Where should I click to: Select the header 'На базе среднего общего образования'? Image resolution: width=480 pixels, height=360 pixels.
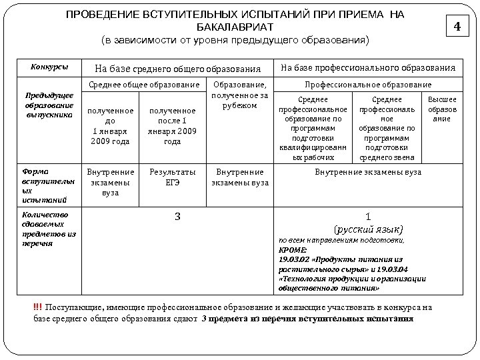(178, 68)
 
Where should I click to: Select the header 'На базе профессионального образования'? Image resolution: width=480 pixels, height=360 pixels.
(368, 67)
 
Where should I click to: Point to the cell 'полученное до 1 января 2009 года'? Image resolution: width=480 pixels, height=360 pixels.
(111, 125)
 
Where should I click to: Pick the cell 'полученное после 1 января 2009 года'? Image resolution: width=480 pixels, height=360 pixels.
(173, 125)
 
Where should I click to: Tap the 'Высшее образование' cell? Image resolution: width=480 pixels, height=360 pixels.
(442, 109)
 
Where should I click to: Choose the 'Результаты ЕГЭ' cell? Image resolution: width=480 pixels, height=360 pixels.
(173, 177)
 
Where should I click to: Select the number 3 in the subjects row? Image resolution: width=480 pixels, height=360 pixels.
(177, 216)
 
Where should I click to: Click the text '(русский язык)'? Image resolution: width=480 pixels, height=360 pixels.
(368, 227)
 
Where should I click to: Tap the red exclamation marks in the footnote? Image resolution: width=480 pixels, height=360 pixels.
(37, 307)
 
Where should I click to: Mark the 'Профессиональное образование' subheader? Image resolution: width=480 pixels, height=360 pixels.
(368, 85)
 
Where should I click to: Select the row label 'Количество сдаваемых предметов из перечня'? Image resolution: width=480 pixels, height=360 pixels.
(48, 229)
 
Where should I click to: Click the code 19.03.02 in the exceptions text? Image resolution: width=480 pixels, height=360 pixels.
(293, 258)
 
